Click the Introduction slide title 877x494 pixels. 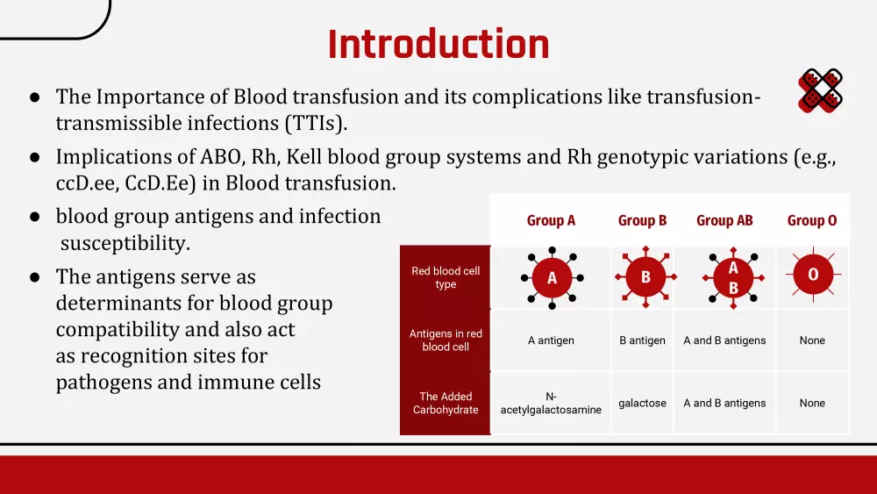(438, 44)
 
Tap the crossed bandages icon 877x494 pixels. (821, 90)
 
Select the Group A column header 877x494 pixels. (551, 220)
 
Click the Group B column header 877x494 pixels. (642, 220)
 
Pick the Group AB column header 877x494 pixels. (724, 220)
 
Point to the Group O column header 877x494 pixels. (812, 220)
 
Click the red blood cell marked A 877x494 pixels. (552, 277)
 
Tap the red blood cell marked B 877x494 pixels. (645, 276)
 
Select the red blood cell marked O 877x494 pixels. (813, 274)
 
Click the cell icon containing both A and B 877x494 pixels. (733, 277)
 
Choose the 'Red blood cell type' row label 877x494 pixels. (446, 277)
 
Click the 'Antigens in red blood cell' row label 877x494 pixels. (446, 340)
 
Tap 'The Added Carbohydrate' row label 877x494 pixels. (446, 403)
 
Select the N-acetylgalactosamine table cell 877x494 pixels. (551, 403)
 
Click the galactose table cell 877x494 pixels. (642, 403)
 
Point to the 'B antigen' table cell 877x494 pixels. (642, 340)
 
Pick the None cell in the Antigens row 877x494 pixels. (812, 340)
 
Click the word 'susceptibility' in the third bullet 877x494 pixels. (125, 243)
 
